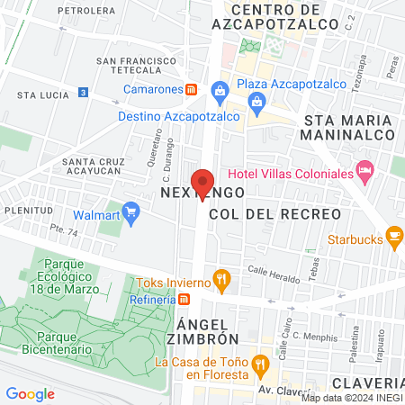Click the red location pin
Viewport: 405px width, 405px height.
click(202, 183)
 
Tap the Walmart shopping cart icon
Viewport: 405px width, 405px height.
click(131, 213)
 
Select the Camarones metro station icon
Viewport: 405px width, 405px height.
click(191, 90)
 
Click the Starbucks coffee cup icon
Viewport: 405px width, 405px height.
click(393, 236)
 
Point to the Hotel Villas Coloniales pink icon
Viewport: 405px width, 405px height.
click(364, 169)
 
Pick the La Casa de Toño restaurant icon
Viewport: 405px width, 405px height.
click(261, 363)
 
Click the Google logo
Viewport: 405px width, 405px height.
click(31, 393)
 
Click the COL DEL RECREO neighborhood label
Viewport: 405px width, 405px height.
click(274, 213)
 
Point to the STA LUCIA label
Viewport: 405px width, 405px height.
click(39, 94)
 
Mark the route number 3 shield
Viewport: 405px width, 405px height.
click(84, 92)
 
